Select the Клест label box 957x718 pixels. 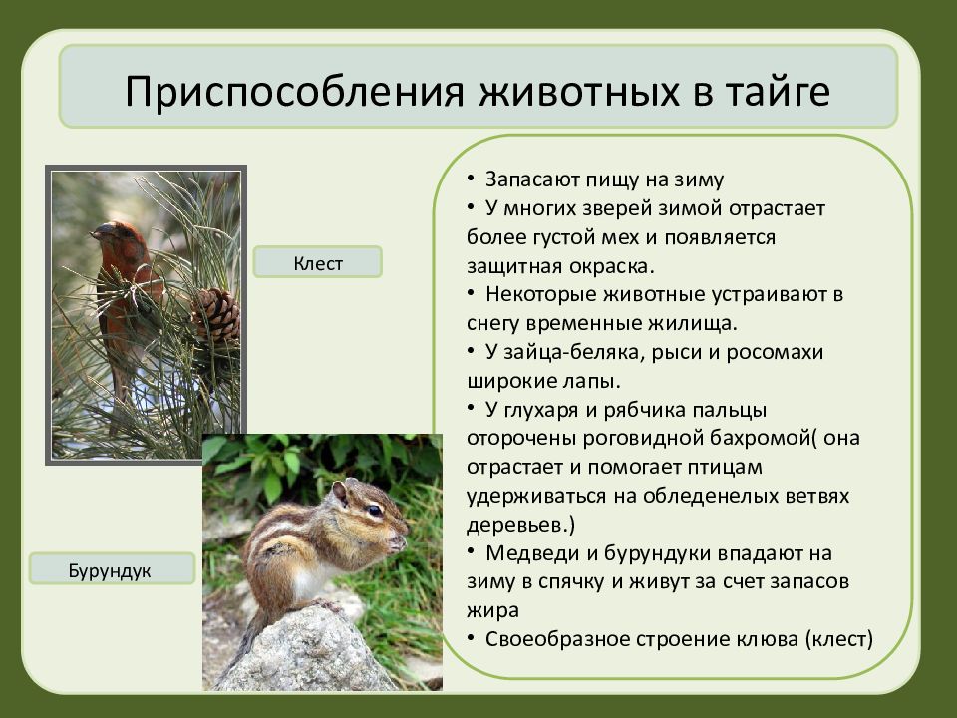pos(318,262)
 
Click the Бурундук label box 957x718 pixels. pos(112,569)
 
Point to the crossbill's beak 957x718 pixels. pos(100,231)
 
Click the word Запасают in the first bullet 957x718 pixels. pos(532,179)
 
